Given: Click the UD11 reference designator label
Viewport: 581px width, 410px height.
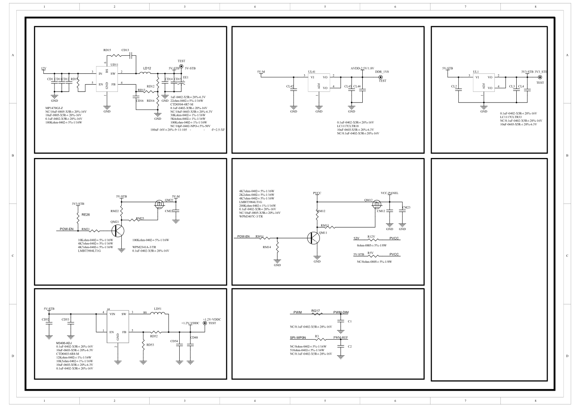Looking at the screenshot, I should click(x=114, y=64).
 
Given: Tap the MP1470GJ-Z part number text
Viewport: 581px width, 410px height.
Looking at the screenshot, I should click(x=54, y=108).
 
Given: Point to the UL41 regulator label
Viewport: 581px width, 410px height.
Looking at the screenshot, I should click(x=312, y=72).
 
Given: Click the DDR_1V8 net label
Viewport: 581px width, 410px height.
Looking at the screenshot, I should click(x=382, y=72).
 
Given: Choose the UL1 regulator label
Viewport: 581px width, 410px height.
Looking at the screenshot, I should click(x=476, y=72).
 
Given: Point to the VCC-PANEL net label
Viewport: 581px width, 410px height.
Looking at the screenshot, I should click(x=389, y=193).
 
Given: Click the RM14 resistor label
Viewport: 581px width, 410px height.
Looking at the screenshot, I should click(x=267, y=247).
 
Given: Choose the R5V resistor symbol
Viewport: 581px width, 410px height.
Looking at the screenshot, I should click(x=371, y=256).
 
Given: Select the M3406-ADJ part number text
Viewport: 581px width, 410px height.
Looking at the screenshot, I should click(x=63, y=343).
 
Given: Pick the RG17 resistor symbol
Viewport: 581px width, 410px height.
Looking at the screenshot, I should click(x=316, y=314).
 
